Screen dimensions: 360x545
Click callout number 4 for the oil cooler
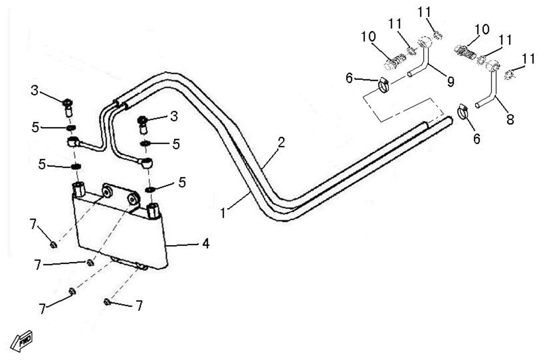tap(205, 243)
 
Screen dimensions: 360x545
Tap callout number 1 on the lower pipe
tap(223, 213)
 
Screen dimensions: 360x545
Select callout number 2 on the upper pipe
tap(281, 142)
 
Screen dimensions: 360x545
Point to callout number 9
tap(450, 82)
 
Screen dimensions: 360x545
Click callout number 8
tap(510, 119)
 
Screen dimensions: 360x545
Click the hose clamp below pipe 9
tap(384, 85)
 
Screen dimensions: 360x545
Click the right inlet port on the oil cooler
tap(153, 210)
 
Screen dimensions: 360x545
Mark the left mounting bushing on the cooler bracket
tap(107, 192)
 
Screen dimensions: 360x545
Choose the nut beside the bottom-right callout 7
tap(107, 302)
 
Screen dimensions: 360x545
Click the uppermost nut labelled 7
tap(53, 244)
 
